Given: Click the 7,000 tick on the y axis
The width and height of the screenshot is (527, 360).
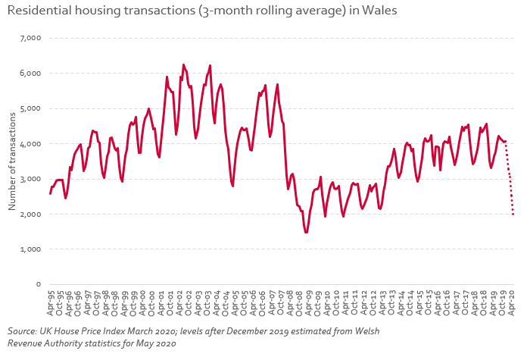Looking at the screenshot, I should click(29, 38).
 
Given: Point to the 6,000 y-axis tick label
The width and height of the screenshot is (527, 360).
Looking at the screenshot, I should click(29, 74).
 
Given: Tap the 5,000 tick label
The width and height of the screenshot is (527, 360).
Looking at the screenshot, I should click(29, 108).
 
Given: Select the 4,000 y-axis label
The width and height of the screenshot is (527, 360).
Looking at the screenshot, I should click(29, 143).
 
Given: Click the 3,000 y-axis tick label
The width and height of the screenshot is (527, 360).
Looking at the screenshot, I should click(29, 179).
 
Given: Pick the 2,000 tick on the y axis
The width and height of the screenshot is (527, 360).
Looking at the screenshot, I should click(29, 214).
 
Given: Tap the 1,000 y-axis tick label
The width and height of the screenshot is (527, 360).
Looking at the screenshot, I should click(29, 249).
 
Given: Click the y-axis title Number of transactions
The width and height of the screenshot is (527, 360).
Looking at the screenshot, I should click(11, 161).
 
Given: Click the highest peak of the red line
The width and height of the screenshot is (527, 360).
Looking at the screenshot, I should click(183, 65).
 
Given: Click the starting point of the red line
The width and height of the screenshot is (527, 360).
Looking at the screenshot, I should click(50, 193).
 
